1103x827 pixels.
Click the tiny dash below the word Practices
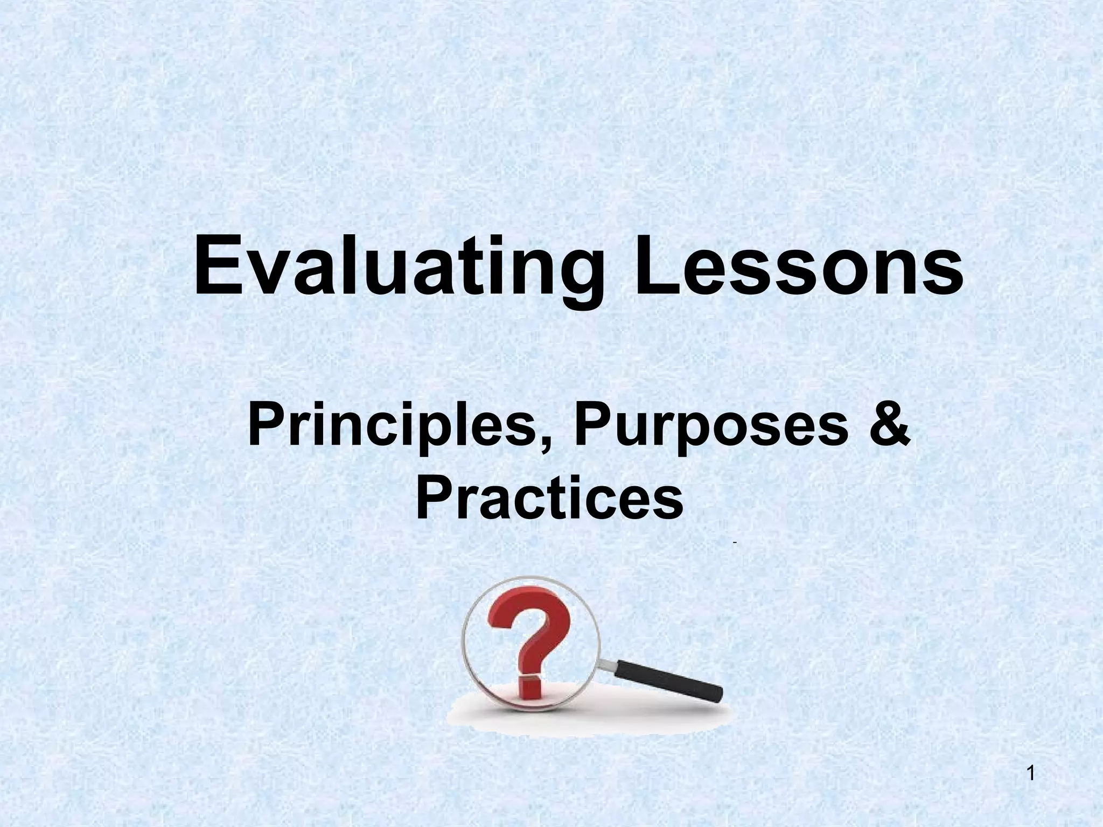[x=734, y=546]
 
